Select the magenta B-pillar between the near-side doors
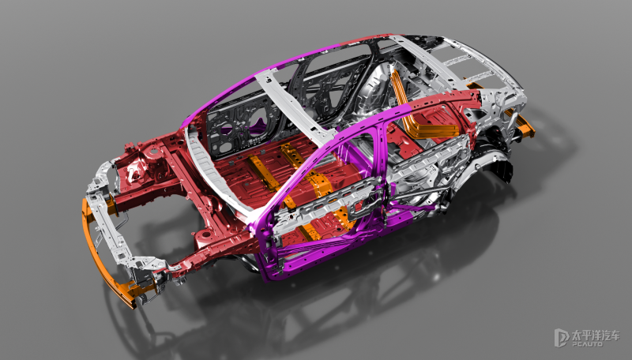click(x=379, y=169)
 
